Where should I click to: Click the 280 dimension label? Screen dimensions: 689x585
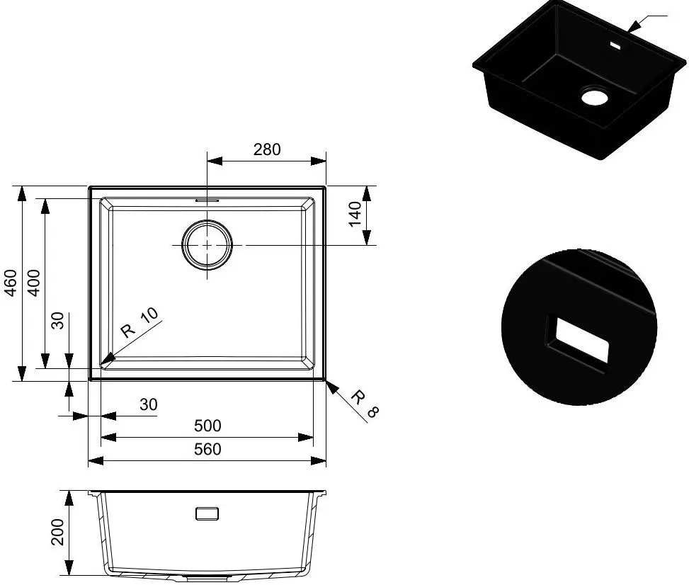[x=267, y=149]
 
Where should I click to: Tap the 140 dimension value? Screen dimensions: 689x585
[x=355, y=214]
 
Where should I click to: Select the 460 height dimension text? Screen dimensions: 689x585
[x=10, y=283]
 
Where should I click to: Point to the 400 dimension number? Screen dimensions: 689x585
[x=33, y=283]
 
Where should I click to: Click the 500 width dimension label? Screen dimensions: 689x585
[x=207, y=426]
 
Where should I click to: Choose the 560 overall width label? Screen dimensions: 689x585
[x=207, y=449]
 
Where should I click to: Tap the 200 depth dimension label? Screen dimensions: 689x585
[x=57, y=532]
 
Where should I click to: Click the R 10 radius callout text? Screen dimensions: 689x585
[x=139, y=323]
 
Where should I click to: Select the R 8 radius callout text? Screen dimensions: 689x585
[x=365, y=403]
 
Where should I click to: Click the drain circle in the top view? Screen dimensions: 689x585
[x=207, y=223]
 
